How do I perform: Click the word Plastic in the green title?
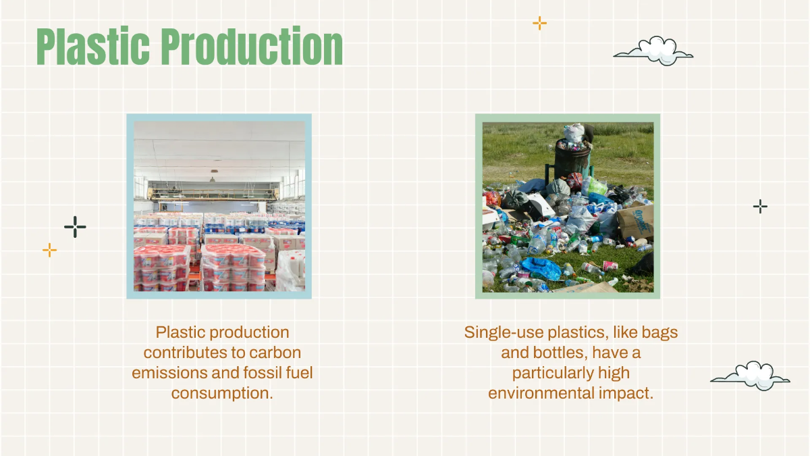[x=93, y=47]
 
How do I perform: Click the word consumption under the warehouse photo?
[x=221, y=393]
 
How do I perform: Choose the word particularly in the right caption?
[x=553, y=373]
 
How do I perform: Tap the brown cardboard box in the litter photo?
[x=635, y=222]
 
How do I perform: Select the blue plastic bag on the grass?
[x=542, y=268]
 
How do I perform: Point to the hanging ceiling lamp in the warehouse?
[x=213, y=177]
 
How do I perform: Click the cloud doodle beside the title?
[x=653, y=51]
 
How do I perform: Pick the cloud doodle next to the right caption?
[x=751, y=376]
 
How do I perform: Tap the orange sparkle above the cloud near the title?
[x=539, y=23]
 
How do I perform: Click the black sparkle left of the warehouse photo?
[x=75, y=227]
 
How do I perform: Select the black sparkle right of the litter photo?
[x=760, y=207]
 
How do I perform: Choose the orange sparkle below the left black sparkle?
[x=49, y=250]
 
